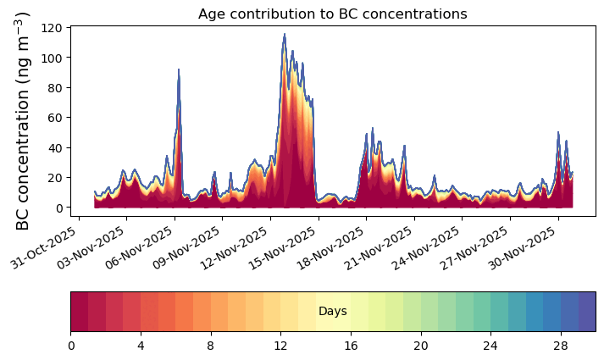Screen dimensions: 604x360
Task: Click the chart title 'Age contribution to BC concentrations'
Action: pos(332,14)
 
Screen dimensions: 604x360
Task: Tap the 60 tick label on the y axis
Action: pos(56,118)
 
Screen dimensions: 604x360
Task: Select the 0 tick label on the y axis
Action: pos(58,208)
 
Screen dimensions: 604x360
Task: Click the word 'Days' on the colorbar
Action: pos(333,311)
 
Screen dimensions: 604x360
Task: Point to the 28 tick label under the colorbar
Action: pos(561,346)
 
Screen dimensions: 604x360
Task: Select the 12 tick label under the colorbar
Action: pos(280,346)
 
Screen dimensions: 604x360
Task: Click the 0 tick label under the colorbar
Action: pos(71,346)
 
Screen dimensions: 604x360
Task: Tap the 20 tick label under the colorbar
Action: pos(421,346)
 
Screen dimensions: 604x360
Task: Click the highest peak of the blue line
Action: pos(285,34)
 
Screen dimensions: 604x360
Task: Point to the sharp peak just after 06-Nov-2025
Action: pos(179,69)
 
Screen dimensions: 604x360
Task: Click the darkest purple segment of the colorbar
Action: pos(587,312)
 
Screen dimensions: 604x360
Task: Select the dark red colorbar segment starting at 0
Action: pos(80,312)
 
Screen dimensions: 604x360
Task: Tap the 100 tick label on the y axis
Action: pos(56,58)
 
